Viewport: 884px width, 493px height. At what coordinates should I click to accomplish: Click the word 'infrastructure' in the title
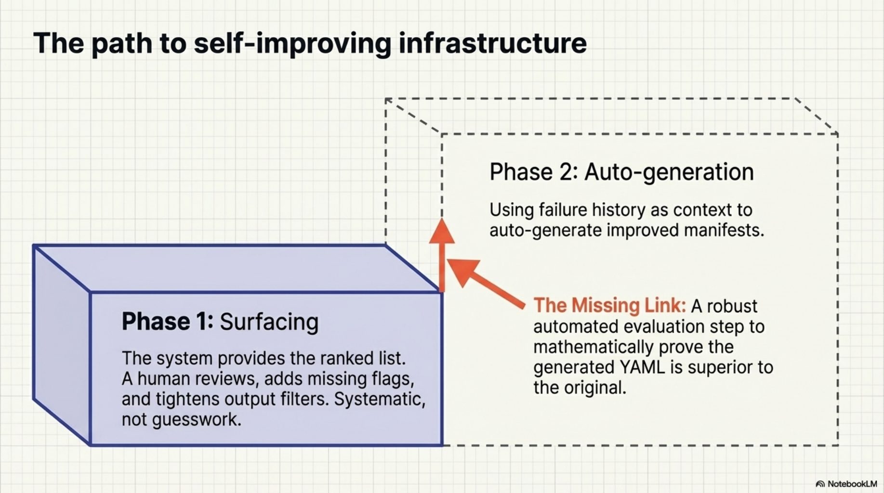[x=492, y=43]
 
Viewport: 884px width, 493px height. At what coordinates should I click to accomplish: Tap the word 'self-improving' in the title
[x=292, y=43]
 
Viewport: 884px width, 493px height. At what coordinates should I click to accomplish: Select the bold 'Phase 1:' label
[x=167, y=321]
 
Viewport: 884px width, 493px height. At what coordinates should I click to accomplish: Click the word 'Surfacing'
[x=269, y=322]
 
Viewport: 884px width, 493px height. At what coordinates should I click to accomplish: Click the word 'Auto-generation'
[x=669, y=172]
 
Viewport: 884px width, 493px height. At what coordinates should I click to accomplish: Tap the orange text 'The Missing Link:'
[x=609, y=305]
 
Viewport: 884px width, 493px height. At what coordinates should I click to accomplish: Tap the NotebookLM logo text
[x=852, y=484]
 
